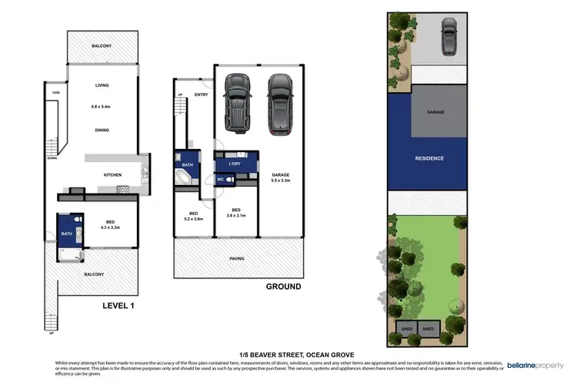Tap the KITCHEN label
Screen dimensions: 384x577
[x=113, y=175]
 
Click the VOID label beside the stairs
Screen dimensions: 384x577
[x=55, y=93]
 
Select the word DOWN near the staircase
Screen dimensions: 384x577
[x=52, y=158]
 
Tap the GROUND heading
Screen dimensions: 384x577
[x=283, y=286]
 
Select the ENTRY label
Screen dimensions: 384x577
[x=201, y=95]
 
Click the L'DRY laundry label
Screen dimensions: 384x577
[x=236, y=164]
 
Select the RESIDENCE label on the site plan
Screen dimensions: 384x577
[x=429, y=158]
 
